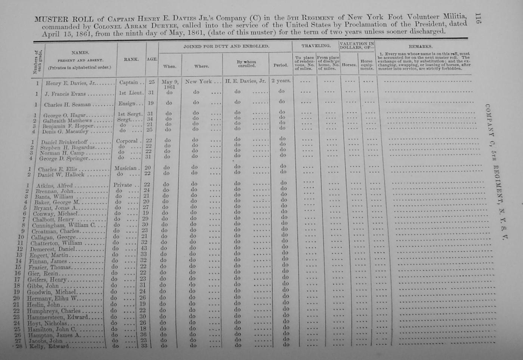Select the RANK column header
click(x=131, y=59)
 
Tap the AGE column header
click(x=152, y=59)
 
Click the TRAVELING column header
click(x=316, y=46)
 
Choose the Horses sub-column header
click(x=349, y=65)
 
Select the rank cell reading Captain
click(x=129, y=83)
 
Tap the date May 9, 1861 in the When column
click(x=170, y=84)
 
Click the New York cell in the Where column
click(x=198, y=81)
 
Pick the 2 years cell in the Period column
click(x=281, y=81)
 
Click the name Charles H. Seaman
click(x=67, y=105)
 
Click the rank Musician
click(x=126, y=168)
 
